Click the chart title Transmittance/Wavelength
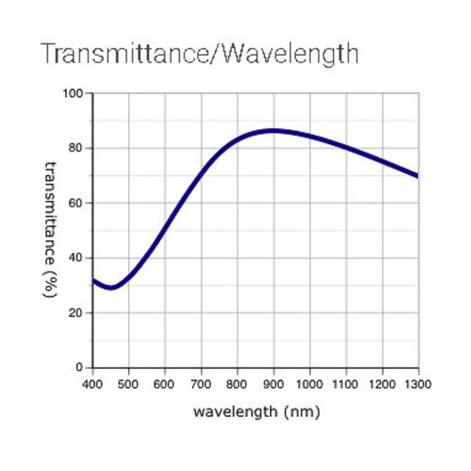coord(199,53)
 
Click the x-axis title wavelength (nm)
coord(257,411)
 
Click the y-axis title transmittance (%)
coord(50,229)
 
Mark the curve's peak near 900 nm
coord(272,130)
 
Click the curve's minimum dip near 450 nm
coord(112,287)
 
